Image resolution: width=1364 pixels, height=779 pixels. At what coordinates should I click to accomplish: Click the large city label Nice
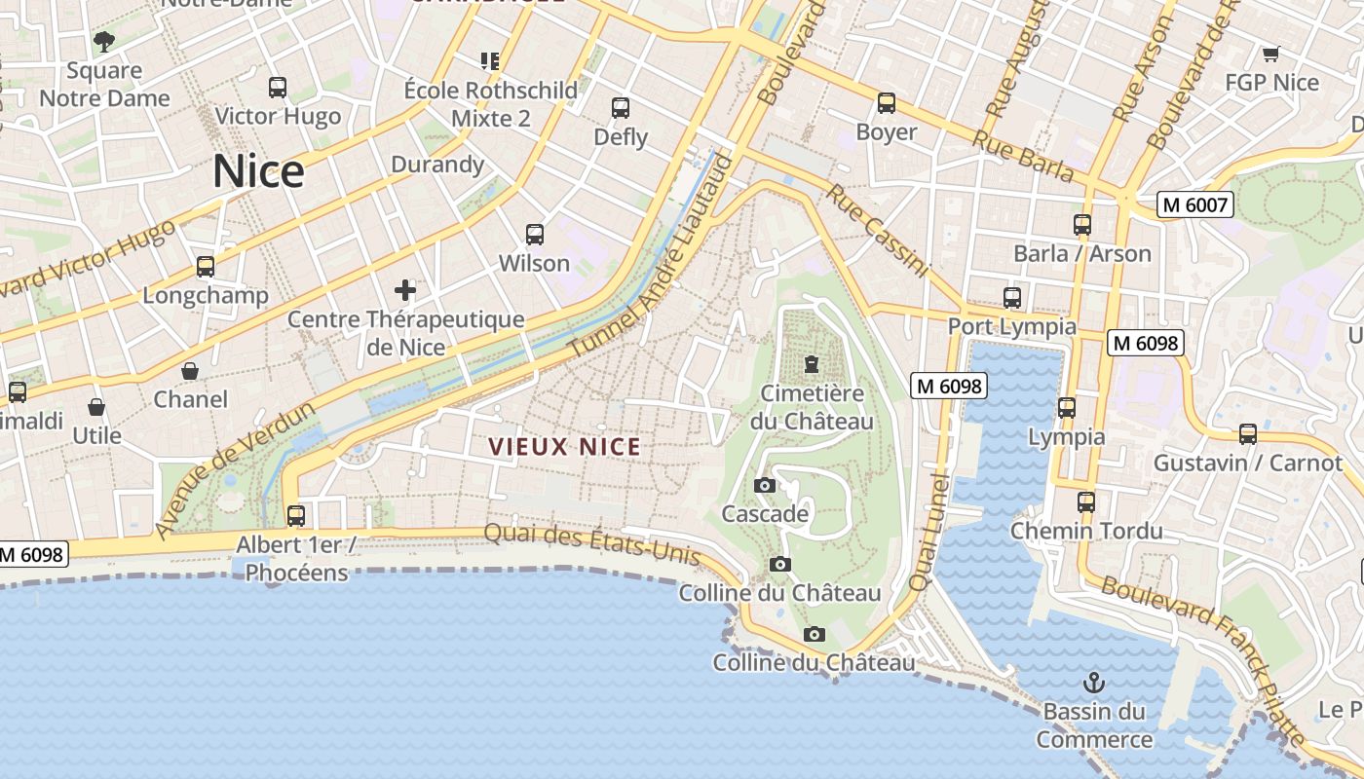tap(258, 171)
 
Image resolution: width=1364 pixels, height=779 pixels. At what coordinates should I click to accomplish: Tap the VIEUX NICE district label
tap(564, 447)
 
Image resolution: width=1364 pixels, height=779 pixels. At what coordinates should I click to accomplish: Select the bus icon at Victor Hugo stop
tap(278, 88)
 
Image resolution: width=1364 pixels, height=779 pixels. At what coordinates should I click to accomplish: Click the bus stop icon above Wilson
tap(535, 234)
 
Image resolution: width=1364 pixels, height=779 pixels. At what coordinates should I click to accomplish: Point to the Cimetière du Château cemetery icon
tap(811, 364)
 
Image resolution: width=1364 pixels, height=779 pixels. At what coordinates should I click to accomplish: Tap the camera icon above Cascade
tap(765, 485)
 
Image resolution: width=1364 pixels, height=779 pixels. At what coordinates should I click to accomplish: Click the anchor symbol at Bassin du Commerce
tap(1093, 682)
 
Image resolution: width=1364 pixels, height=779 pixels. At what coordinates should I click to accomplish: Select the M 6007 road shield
tap(1195, 204)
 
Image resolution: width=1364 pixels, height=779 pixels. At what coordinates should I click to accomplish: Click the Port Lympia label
tap(1012, 326)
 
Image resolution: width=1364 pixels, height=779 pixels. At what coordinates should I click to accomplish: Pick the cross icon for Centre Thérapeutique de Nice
tap(405, 289)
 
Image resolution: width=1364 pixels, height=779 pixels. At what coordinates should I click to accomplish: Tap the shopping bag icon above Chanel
tap(190, 371)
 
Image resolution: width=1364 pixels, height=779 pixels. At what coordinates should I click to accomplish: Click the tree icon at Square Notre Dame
tap(104, 42)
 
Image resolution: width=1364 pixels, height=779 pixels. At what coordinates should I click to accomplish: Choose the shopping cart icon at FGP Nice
tap(1270, 54)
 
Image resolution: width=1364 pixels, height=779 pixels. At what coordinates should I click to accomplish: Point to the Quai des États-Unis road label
tap(592, 543)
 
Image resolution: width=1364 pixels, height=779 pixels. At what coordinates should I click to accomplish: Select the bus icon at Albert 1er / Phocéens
tap(296, 515)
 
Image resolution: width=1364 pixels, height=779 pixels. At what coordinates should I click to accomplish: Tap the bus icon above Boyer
tap(887, 102)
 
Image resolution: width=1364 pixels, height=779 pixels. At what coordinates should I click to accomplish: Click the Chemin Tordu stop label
tap(1086, 531)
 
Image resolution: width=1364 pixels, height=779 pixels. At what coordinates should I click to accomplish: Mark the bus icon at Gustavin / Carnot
tap(1248, 434)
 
